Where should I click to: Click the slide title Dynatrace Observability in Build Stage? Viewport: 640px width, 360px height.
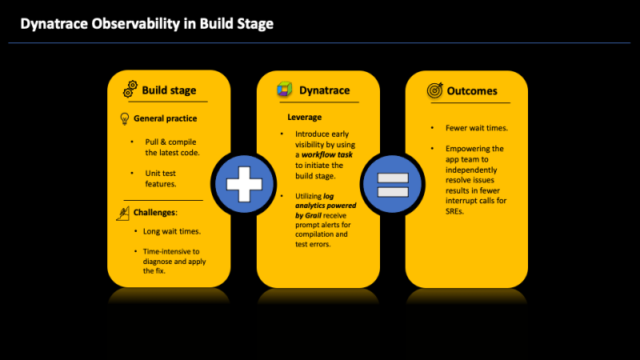[146, 24]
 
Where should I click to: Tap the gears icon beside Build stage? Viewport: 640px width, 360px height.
[130, 90]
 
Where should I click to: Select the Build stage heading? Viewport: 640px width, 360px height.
[169, 90]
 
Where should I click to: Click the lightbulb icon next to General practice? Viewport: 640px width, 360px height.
[124, 118]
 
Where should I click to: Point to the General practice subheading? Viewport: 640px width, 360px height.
[165, 118]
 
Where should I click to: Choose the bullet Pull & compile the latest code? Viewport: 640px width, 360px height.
[171, 147]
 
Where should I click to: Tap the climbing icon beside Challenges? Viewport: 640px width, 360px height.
[124, 213]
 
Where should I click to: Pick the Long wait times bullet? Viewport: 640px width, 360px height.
[172, 231]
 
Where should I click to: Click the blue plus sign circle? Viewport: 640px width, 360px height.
[244, 184]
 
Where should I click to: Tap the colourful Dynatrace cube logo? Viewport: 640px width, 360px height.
[283, 90]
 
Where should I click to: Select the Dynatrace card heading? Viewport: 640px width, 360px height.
[324, 90]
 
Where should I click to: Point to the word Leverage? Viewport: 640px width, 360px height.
[304, 118]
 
